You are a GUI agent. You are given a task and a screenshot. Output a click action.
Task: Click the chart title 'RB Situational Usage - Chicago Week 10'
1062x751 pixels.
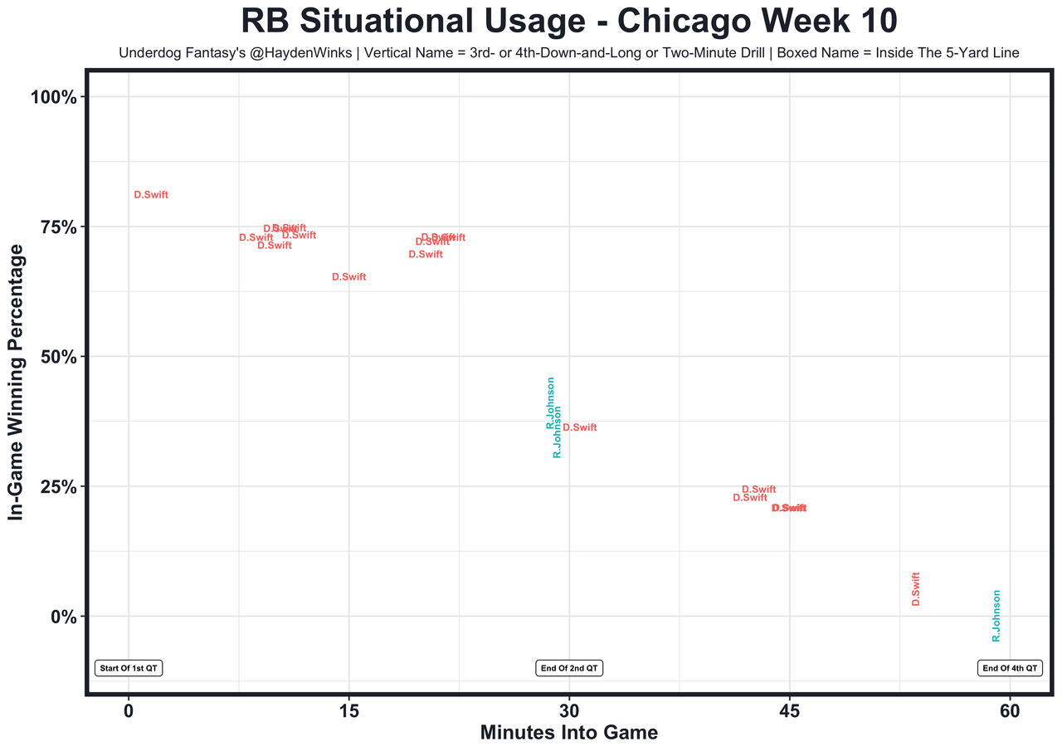(x=568, y=22)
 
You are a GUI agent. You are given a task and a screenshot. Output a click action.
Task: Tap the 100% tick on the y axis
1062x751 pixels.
(x=53, y=97)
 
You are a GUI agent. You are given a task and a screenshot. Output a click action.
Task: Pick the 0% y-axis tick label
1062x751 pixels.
(x=63, y=617)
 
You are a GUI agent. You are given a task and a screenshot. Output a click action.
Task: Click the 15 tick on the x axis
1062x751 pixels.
(x=348, y=711)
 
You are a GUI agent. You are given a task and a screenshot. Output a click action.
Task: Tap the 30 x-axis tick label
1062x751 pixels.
(x=569, y=711)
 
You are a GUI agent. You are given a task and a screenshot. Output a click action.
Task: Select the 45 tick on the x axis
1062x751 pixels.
(x=789, y=711)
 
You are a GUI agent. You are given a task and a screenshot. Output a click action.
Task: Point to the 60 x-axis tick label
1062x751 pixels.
(x=1010, y=711)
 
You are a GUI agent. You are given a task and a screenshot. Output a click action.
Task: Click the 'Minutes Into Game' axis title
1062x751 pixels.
(x=569, y=734)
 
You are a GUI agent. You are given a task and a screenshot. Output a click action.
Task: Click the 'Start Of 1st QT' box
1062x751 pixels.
(x=129, y=668)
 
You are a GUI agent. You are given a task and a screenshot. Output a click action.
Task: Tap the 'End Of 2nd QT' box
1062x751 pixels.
(x=569, y=668)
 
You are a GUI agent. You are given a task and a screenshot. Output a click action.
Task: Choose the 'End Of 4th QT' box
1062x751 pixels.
(x=1010, y=668)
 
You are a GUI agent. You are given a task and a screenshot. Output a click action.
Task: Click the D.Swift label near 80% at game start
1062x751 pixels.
(x=151, y=195)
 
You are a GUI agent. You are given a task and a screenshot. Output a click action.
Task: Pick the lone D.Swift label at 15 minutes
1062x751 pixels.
(x=348, y=277)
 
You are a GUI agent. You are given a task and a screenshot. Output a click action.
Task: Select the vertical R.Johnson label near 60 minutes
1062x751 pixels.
(x=996, y=615)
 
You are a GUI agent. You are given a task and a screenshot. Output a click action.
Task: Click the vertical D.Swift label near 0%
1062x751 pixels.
(x=916, y=588)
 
